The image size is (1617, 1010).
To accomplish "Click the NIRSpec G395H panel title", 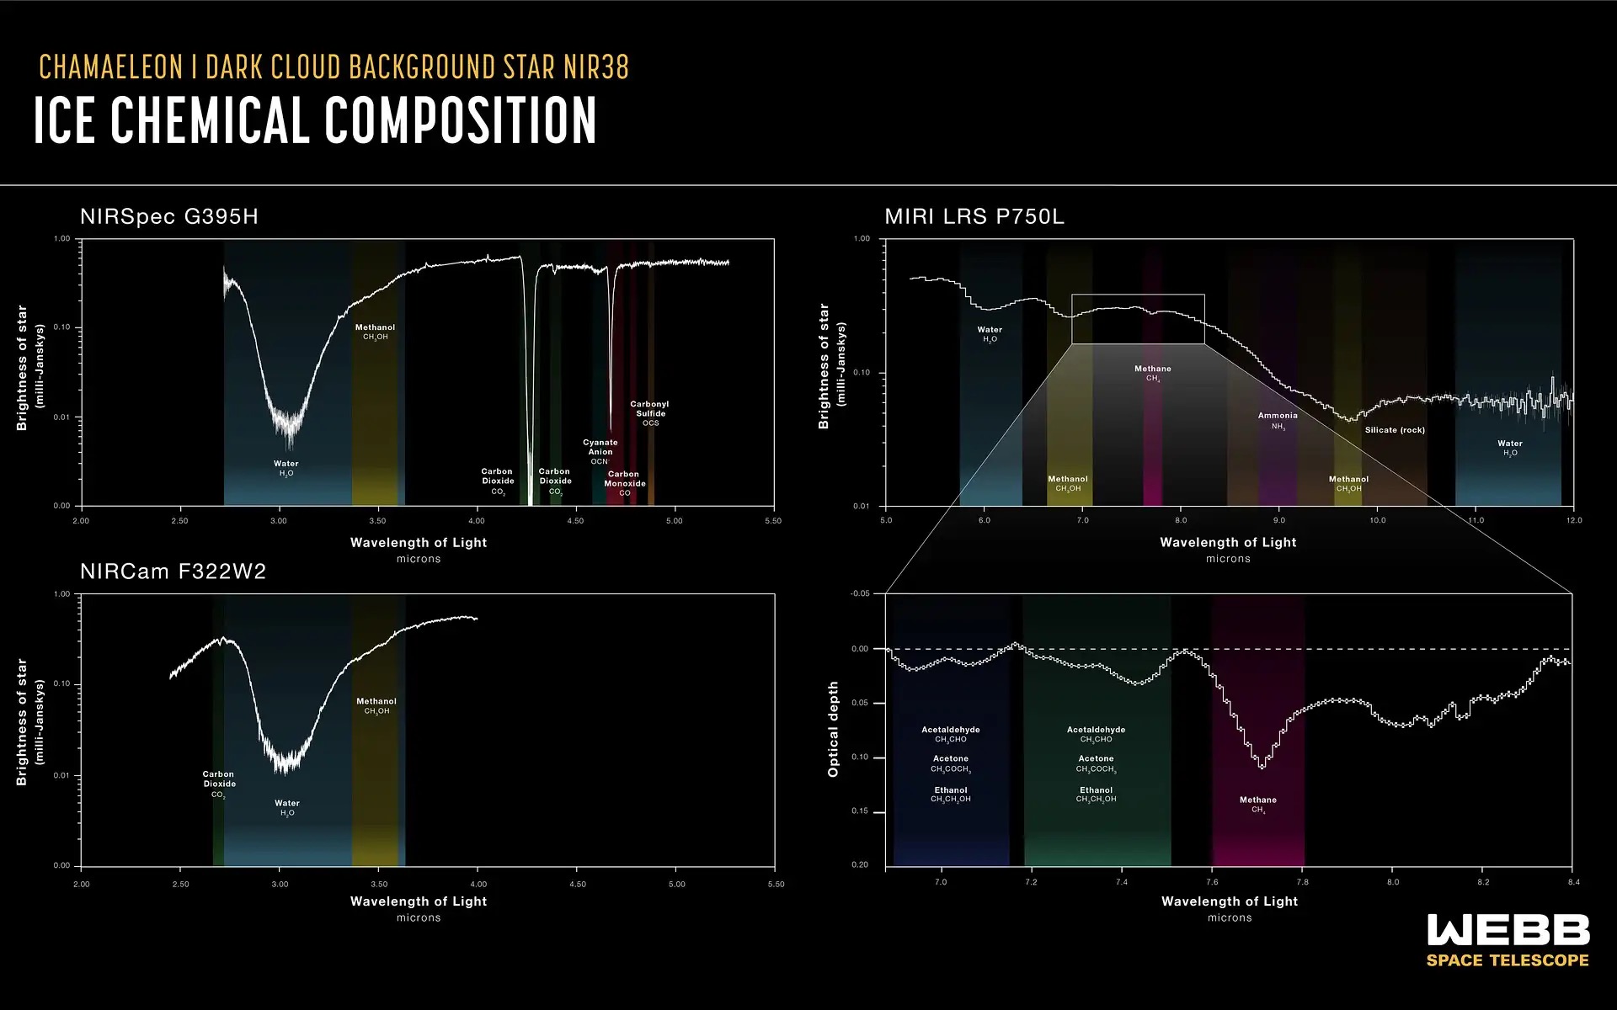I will tap(169, 217).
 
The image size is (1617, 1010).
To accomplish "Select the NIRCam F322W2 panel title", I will tap(173, 572).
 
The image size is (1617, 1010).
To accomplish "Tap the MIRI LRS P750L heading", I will tap(974, 217).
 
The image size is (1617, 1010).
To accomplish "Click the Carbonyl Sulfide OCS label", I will tap(649, 413).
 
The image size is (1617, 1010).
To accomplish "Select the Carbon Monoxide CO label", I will tap(624, 483).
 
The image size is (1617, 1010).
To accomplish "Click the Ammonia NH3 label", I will tap(1278, 420).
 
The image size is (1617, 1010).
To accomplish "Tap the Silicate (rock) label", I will tap(1395, 430).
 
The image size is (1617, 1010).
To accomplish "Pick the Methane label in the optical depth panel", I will tap(1258, 805).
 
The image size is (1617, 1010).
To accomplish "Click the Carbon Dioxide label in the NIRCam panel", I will tap(219, 784).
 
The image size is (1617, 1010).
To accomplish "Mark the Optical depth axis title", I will tap(834, 729).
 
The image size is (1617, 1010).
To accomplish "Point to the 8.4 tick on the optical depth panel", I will tap(1573, 882).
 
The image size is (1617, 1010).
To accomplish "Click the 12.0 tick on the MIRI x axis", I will tap(1573, 520).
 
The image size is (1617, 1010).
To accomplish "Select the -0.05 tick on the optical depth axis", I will tap(860, 594).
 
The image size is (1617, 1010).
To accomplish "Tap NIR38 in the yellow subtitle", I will tap(596, 67).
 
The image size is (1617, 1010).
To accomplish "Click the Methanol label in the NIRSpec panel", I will tap(375, 332).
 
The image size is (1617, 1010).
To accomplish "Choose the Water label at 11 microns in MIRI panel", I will tap(1509, 448).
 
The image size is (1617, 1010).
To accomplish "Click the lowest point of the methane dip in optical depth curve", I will tap(1262, 767).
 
